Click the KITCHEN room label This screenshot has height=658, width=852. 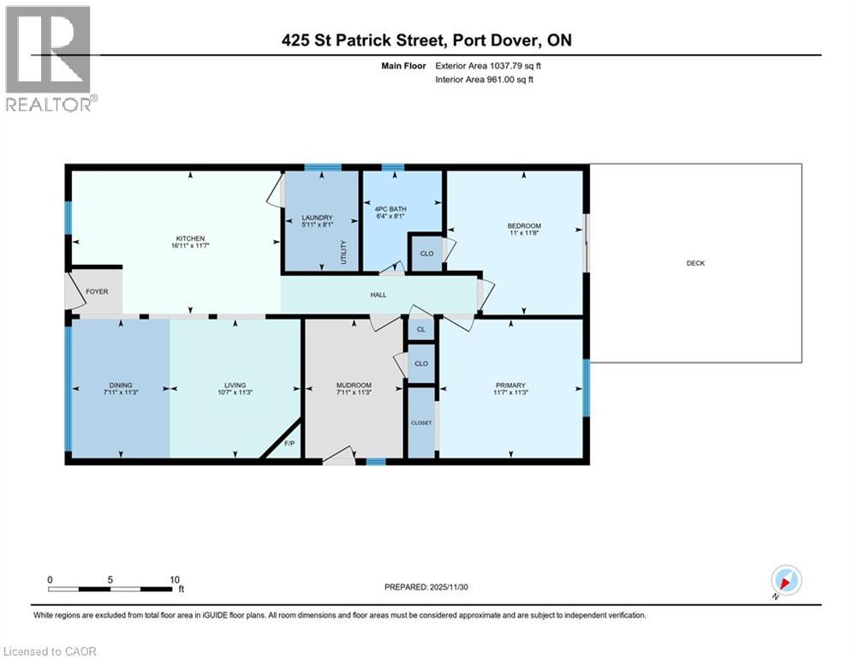tap(190, 239)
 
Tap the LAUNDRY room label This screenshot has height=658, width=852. tap(317, 218)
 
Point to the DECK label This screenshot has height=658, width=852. tap(695, 263)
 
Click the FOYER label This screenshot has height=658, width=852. tap(97, 291)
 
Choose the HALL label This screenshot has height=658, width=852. tap(378, 295)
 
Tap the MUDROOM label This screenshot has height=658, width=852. tap(354, 385)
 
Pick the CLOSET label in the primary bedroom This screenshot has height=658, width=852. tap(421, 422)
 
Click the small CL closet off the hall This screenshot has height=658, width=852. tap(420, 329)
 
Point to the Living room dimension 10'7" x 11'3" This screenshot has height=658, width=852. tap(235, 393)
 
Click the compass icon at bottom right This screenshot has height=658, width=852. tap(785, 580)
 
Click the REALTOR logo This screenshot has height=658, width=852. tap(49, 58)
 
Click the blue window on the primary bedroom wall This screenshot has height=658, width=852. tap(587, 387)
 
